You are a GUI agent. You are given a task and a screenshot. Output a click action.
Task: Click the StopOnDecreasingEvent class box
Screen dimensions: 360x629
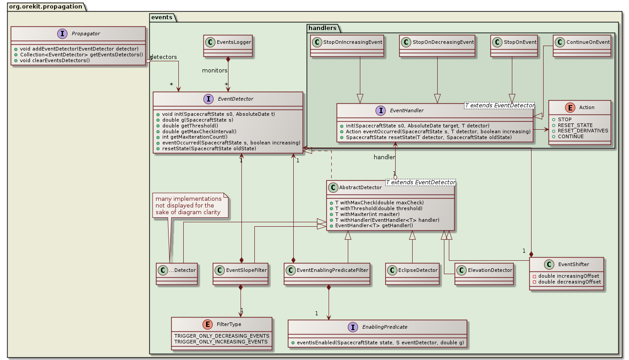(437, 45)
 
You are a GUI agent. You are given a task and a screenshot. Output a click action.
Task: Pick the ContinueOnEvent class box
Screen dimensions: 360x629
(582, 45)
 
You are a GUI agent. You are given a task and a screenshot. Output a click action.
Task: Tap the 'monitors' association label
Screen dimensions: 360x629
(215, 71)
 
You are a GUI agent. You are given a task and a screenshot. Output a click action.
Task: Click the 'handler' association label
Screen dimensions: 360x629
(385, 157)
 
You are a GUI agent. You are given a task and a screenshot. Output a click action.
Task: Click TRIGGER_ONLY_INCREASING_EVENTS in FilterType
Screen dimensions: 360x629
(222, 342)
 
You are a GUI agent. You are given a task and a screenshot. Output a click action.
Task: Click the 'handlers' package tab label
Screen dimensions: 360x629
(322, 28)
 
